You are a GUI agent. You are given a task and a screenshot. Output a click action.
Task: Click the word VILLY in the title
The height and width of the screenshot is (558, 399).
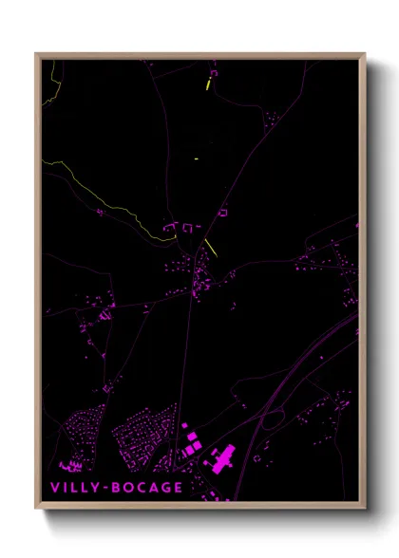click(75, 489)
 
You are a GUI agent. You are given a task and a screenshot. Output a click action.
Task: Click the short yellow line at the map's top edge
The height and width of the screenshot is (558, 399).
click(207, 84)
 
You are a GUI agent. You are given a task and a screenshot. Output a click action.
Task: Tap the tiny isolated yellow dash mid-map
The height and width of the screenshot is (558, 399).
click(196, 158)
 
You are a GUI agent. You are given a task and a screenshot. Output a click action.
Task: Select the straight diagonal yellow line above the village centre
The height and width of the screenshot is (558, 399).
click(211, 248)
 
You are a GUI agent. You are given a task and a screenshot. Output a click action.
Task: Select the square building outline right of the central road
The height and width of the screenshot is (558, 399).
click(224, 214)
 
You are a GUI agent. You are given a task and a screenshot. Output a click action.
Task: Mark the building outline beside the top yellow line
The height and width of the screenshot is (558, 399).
click(214, 72)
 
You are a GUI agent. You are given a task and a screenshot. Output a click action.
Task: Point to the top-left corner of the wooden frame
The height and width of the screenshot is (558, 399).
click(36, 54)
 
